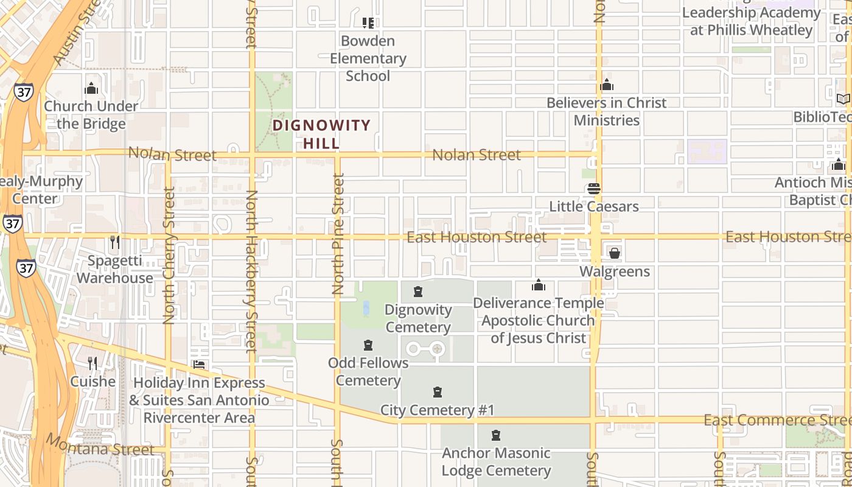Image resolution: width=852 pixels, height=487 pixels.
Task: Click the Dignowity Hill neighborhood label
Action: coord(321,134)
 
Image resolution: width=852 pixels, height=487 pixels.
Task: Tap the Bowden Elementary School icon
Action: coord(368,23)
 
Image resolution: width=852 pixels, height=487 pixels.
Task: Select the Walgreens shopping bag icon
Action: coord(614,253)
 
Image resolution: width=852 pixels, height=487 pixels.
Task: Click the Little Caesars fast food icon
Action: coord(594,189)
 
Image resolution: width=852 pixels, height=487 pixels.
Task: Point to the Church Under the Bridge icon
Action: coord(91,89)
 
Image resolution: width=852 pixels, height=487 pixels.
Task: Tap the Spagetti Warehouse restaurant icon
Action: coord(114,242)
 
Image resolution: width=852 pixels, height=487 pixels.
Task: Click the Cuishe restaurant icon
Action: coord(93,363)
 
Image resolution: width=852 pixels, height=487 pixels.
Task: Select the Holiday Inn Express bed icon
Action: coord(199,365)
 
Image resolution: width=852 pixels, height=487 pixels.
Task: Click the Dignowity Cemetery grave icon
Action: coord(418,292)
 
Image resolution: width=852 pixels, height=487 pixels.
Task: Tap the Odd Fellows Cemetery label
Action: coord(368,372)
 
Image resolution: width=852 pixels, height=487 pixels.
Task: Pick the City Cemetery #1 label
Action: coord(437,410)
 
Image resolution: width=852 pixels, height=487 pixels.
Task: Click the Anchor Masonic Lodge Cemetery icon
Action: coord(496,435)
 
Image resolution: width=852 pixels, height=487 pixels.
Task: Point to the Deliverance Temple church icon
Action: coord(539,285)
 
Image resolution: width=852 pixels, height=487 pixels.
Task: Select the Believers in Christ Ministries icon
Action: coord(606,85)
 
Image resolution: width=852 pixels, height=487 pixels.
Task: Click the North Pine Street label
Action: coord(338,234)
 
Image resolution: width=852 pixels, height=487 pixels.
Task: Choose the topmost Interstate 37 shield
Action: coord(23,92)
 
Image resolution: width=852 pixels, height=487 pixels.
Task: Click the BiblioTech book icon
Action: coord(843,99)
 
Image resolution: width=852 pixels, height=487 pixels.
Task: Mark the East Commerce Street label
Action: coord(776,420)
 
